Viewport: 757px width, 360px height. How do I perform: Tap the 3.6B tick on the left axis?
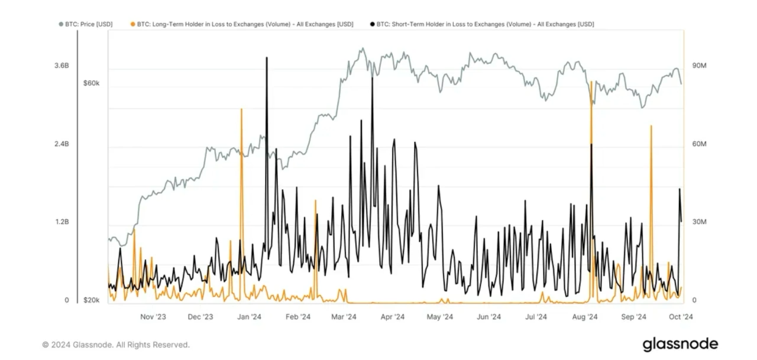click(x=62, y=66)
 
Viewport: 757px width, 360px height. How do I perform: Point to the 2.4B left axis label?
click(x=62, y=144)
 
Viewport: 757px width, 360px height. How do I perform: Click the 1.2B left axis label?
click(x=62, y=222)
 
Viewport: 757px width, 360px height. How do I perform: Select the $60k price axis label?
click(x=92, y=83)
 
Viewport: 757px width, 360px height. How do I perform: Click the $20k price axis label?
click(x=92, y=300)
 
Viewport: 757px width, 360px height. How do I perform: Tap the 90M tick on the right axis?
click(x=699, y=66)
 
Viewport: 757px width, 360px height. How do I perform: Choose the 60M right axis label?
click(x=699, y=144)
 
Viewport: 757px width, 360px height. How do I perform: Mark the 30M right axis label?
click(x=699, y=222)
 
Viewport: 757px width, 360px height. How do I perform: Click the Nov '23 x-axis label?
click(x=153, y=317)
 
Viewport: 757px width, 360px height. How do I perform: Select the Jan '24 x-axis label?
click(x=250, y=317)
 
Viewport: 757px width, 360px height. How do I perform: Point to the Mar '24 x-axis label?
click(x=343, y=317)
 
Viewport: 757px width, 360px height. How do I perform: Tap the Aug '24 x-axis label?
click(x=585, y=317)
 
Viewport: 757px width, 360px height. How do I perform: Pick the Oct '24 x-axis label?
click(x=681, y=317)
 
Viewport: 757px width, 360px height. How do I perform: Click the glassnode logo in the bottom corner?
click(x=680, y=344)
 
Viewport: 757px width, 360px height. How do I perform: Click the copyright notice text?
click(x=116, y=345)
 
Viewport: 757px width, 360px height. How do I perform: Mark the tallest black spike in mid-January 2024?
click(x=267, y=58)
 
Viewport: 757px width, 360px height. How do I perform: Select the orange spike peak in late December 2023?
click(x=241, y=110)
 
